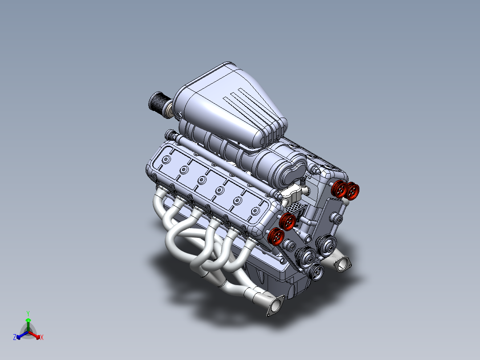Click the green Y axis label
28,313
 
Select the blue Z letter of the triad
15,337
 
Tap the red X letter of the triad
42,337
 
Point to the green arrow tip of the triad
28,320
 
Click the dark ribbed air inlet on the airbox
157,102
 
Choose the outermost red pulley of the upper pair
353,191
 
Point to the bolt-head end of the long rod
172,135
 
